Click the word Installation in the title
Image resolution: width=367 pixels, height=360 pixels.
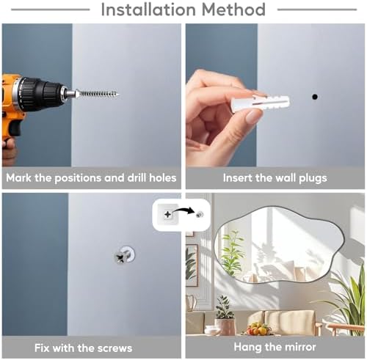(x=148, y=10)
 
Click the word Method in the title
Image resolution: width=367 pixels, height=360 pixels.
(x=233, y=10)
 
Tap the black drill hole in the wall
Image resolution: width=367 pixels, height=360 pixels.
(x=315, y=97)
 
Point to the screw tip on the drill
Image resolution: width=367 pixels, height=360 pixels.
(x=118, y=95)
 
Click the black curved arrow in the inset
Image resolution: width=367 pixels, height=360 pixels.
(x=183, y=210)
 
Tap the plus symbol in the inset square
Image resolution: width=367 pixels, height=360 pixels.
(x=167, y=215)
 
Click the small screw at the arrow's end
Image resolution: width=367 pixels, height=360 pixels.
(x=200, y=215)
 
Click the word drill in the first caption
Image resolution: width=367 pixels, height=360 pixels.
(x=137, y=177)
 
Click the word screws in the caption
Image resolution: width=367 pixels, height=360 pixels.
(x=115, y=348)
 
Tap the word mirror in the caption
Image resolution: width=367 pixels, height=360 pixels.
(x=300, y=347)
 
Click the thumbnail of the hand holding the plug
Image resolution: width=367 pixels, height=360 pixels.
(x=275, y=95)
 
